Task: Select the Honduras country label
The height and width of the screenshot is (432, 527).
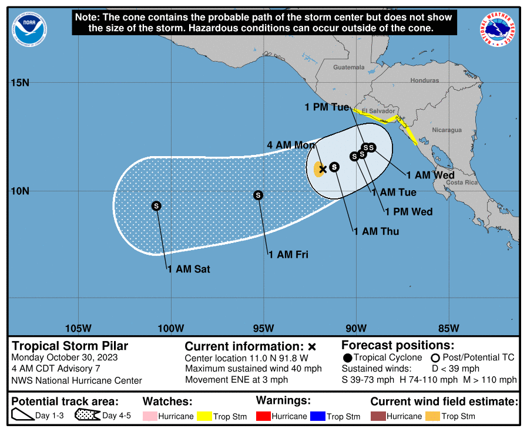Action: (x=424, y=80)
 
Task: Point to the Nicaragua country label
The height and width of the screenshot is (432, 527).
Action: (x=447, y=130)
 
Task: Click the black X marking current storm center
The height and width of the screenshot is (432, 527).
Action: (x=323, y=169)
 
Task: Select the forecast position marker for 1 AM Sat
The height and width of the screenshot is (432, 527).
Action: (x=156, y=205)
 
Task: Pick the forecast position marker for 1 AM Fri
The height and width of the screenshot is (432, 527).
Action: (x=258, y=195)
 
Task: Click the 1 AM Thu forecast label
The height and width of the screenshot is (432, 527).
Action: (x=376, y=231)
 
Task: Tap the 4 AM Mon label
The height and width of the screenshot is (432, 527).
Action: (x=291, y=145)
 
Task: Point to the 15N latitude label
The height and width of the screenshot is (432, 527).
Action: (x=20, y=82)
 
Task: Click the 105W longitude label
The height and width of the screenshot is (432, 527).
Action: (x=78, y=328)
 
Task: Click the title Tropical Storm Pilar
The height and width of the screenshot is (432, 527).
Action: (x=70, y=346)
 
